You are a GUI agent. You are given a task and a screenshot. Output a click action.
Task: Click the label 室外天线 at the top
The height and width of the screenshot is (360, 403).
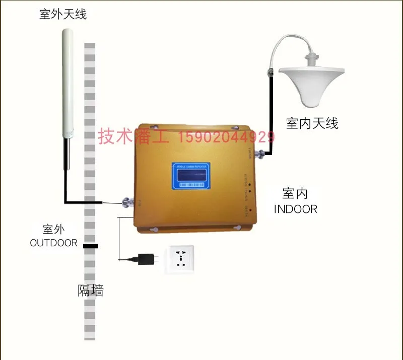pyautogui.click(x=63, y=14)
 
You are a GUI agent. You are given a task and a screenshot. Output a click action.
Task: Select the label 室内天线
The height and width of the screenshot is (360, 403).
pyautogui.click(x=312, y=123)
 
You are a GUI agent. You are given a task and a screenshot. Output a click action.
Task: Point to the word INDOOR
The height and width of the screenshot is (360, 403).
pyautogui.click(x=296, y=209)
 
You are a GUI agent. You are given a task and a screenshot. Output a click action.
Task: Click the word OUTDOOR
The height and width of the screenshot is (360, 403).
pyautogui.click(x=54, y=243)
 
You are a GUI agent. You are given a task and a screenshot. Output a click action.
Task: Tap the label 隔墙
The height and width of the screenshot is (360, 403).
pyautogui.click(x=91, y=291)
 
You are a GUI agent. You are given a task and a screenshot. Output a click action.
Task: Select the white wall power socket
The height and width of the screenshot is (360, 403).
pyautogui.click(x=180, y=259)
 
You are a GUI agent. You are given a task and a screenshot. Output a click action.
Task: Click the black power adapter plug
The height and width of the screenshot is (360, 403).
pyautogui.click(x=146, y=259)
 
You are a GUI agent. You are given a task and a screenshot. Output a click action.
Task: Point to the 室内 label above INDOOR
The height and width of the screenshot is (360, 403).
pyautogui.click(x=295, y=193)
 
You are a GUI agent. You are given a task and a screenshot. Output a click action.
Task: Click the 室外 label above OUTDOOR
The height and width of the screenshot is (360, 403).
pyautogui.click(x=54, y=229)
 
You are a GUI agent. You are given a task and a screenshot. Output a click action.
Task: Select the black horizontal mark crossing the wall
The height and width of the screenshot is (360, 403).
pyautogui.click(x=91, y=246)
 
